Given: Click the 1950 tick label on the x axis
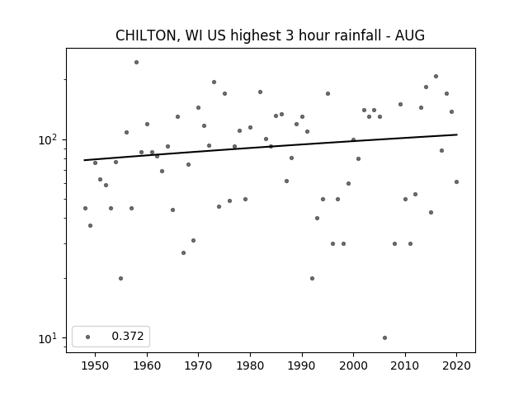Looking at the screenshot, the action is point(96,365).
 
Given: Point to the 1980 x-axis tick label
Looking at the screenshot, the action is point(250,365).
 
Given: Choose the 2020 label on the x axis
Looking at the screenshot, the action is point(456,365).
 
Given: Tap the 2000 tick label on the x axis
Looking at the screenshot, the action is point(354,365).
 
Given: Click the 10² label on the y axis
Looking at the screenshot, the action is point(48,139).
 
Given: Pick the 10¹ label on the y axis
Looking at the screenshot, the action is point(48,338).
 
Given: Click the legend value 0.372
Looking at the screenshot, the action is point(128,336).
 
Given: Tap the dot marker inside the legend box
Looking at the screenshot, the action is point(88,337).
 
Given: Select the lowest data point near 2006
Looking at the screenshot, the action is point(385,337).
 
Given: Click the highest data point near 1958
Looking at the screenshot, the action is point(136,63).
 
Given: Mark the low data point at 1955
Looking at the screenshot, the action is point(121,279).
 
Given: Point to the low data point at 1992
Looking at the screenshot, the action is point(312,279).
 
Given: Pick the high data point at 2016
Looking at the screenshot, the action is point(436,77).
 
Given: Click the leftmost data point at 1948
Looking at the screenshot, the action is point(85,209).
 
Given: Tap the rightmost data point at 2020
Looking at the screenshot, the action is point(456,181).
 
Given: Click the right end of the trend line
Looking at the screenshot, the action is point(457,134).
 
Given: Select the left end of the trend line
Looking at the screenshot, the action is point(84,160).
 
